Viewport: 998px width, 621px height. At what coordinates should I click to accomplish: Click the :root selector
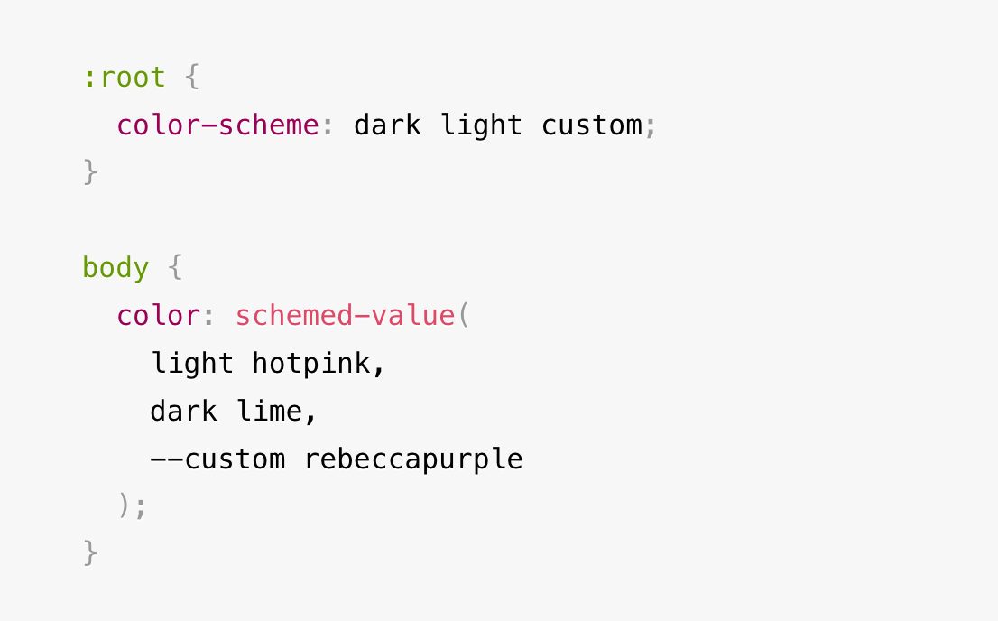124,78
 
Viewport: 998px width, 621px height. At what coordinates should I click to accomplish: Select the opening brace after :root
191,78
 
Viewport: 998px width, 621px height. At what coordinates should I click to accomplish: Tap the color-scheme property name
217,125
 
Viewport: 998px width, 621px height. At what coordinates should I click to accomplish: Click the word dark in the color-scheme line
387,125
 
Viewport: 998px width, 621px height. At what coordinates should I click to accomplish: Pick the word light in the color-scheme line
482,125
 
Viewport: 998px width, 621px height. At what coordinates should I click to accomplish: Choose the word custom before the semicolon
592,125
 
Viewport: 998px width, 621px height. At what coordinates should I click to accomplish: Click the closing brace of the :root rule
90,171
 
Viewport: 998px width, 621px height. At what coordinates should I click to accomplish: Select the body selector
116,268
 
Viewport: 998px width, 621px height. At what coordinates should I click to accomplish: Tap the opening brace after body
175,268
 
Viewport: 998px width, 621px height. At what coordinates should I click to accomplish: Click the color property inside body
158,316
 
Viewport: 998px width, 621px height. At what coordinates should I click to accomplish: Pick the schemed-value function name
345,316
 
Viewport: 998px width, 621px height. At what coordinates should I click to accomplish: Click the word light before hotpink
191,364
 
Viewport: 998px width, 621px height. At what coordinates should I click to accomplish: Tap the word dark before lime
183,412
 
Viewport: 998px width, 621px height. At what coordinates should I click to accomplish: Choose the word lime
270,412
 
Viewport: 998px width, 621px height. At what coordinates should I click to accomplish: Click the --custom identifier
217,459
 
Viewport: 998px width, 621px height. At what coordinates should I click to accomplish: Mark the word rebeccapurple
413,459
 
